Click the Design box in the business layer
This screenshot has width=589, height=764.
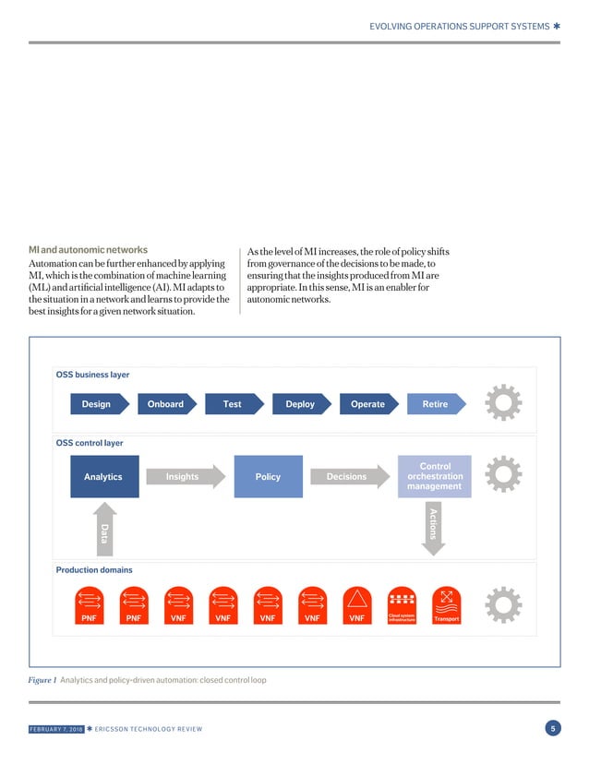coord(96,404)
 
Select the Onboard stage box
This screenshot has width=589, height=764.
coord(165,404)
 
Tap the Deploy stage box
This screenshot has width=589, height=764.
coord(300,404)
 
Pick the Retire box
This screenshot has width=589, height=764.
coord(435,404)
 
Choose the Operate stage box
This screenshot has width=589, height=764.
coord(367,404)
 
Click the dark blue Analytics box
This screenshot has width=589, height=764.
coord(103,476)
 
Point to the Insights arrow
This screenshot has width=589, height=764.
coord(184,476)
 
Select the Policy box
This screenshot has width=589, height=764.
coord(268,476)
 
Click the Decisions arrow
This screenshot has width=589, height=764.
coord(348,476)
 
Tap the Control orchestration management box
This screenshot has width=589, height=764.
coord(434,476)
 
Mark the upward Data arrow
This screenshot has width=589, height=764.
coord(103,530)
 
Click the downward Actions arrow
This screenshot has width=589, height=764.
coord(433,527)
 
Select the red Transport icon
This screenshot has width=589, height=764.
coord(446,605)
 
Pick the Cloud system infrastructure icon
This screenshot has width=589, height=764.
coord(402,605)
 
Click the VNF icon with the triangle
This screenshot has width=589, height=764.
coord(357,605)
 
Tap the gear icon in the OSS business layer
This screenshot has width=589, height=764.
coord(503,403)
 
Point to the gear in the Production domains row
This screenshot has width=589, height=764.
coord(503,604)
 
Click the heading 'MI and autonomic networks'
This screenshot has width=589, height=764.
coord(88,250)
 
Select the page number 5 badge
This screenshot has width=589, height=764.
coord(552,730)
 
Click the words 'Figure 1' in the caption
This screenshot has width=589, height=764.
coord(42,680)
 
